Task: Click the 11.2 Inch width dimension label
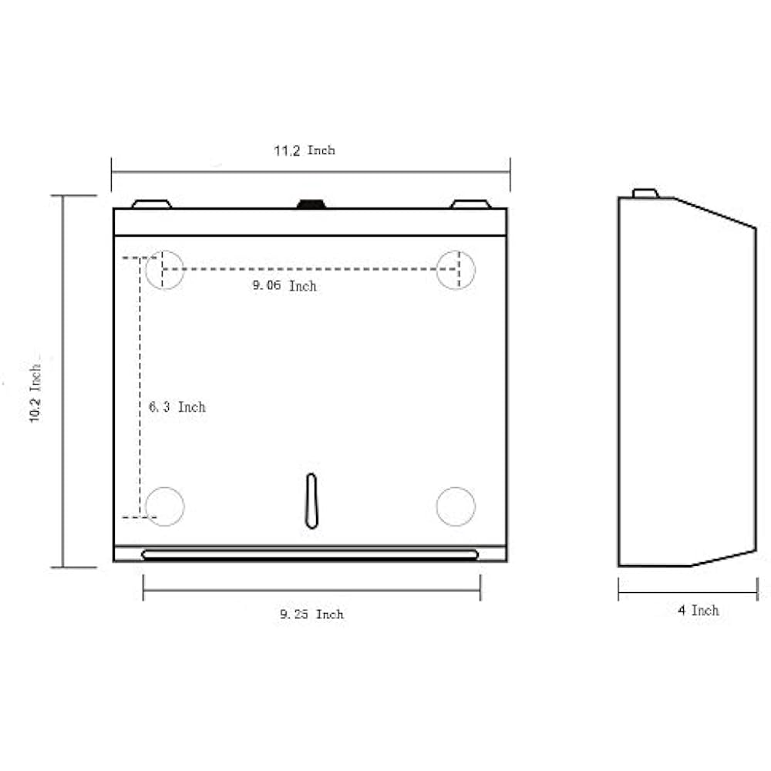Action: click(x=305, y=150)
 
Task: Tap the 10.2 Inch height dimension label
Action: click(x=35, y=392)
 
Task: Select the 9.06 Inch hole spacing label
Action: click(x=284, y=286)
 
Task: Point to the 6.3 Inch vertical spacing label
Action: click(x=177, y=406)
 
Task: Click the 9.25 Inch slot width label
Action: click(x=311, y=614)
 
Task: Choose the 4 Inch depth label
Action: click(x=699, y=610)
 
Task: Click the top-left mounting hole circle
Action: click(x=164, y=270)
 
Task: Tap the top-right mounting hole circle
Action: click(x=456, y=270)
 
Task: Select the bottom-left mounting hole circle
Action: click(x=164, y=507)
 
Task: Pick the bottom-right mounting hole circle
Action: click(x=456, y=507)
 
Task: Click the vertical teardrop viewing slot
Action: click(x=311, y=501)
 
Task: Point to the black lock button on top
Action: click(x=311, y=204)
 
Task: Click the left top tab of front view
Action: click(x=151, y=204)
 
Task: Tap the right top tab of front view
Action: click(x=470, y=204)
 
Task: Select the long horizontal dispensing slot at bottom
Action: click(x=310, y=554)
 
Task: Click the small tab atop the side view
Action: click(x=645, y=193)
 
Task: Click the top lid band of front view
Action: click(x=310, y=222)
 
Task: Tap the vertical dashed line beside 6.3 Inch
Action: click(x=140, y=385)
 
